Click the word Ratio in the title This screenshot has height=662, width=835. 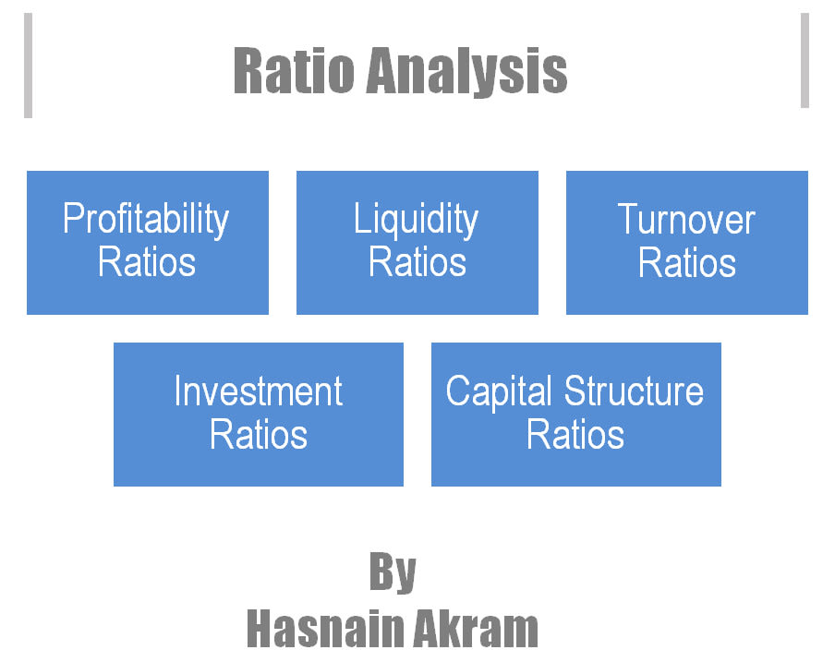294,71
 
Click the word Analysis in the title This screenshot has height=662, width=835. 467,72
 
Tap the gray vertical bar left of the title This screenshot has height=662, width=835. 29,66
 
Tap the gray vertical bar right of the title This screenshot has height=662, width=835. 805,61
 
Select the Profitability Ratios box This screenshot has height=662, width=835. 148,243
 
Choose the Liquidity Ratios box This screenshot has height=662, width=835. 417,243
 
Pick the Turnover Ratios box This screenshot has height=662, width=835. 687,243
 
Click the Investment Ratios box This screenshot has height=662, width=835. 259,415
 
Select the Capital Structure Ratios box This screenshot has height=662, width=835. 576,415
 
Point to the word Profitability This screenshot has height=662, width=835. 146,219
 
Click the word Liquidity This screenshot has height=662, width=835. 416,219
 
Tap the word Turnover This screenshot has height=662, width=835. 686,219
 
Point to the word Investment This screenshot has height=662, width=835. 259,391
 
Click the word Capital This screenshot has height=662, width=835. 499,392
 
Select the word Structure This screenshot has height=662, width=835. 634,391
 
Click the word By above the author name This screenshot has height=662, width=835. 393,572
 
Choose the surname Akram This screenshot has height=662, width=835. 476,629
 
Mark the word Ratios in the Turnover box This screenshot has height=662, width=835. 687,263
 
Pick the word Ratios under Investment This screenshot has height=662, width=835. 259,435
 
